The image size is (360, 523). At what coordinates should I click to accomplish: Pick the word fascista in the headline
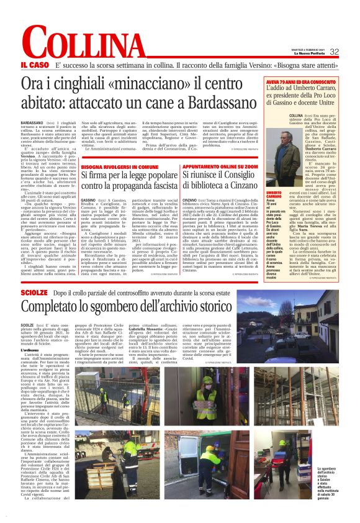click(x=174, y=184)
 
